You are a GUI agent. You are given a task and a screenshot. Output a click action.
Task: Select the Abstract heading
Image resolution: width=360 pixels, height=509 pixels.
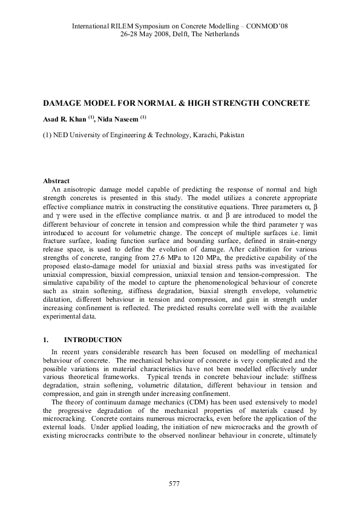[56, 181]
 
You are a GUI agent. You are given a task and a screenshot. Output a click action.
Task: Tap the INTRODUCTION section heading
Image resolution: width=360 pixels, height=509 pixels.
[93, 340]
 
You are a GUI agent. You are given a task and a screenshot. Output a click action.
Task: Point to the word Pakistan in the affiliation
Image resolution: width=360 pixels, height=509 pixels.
[232, 135]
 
